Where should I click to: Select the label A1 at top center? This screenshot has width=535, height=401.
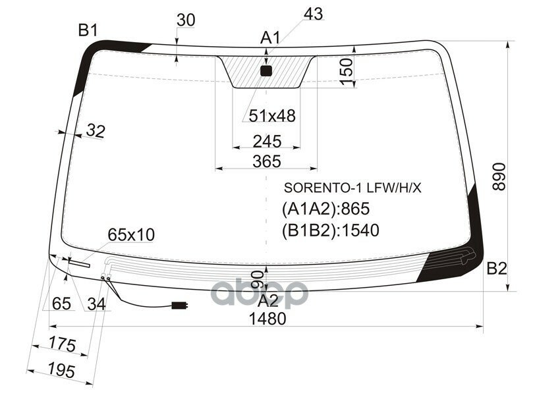(269, 38)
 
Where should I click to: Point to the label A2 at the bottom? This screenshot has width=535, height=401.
(267, 301)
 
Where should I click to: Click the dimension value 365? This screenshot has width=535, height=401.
(267, 161)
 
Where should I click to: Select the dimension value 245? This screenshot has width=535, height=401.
(267, 142)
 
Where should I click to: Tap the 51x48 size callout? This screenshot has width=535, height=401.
(271, 117)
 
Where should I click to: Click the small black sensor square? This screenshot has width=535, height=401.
(266, 70)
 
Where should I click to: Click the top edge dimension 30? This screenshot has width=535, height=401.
(186, 20)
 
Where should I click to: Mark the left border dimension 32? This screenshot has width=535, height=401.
(95, 132)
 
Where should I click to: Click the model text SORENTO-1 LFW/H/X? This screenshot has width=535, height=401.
(352, 188)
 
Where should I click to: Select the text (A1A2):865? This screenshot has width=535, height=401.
(325, 209)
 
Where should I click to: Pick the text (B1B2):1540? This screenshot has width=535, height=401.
(331, 230)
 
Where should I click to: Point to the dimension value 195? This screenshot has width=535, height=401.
(62, 371)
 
